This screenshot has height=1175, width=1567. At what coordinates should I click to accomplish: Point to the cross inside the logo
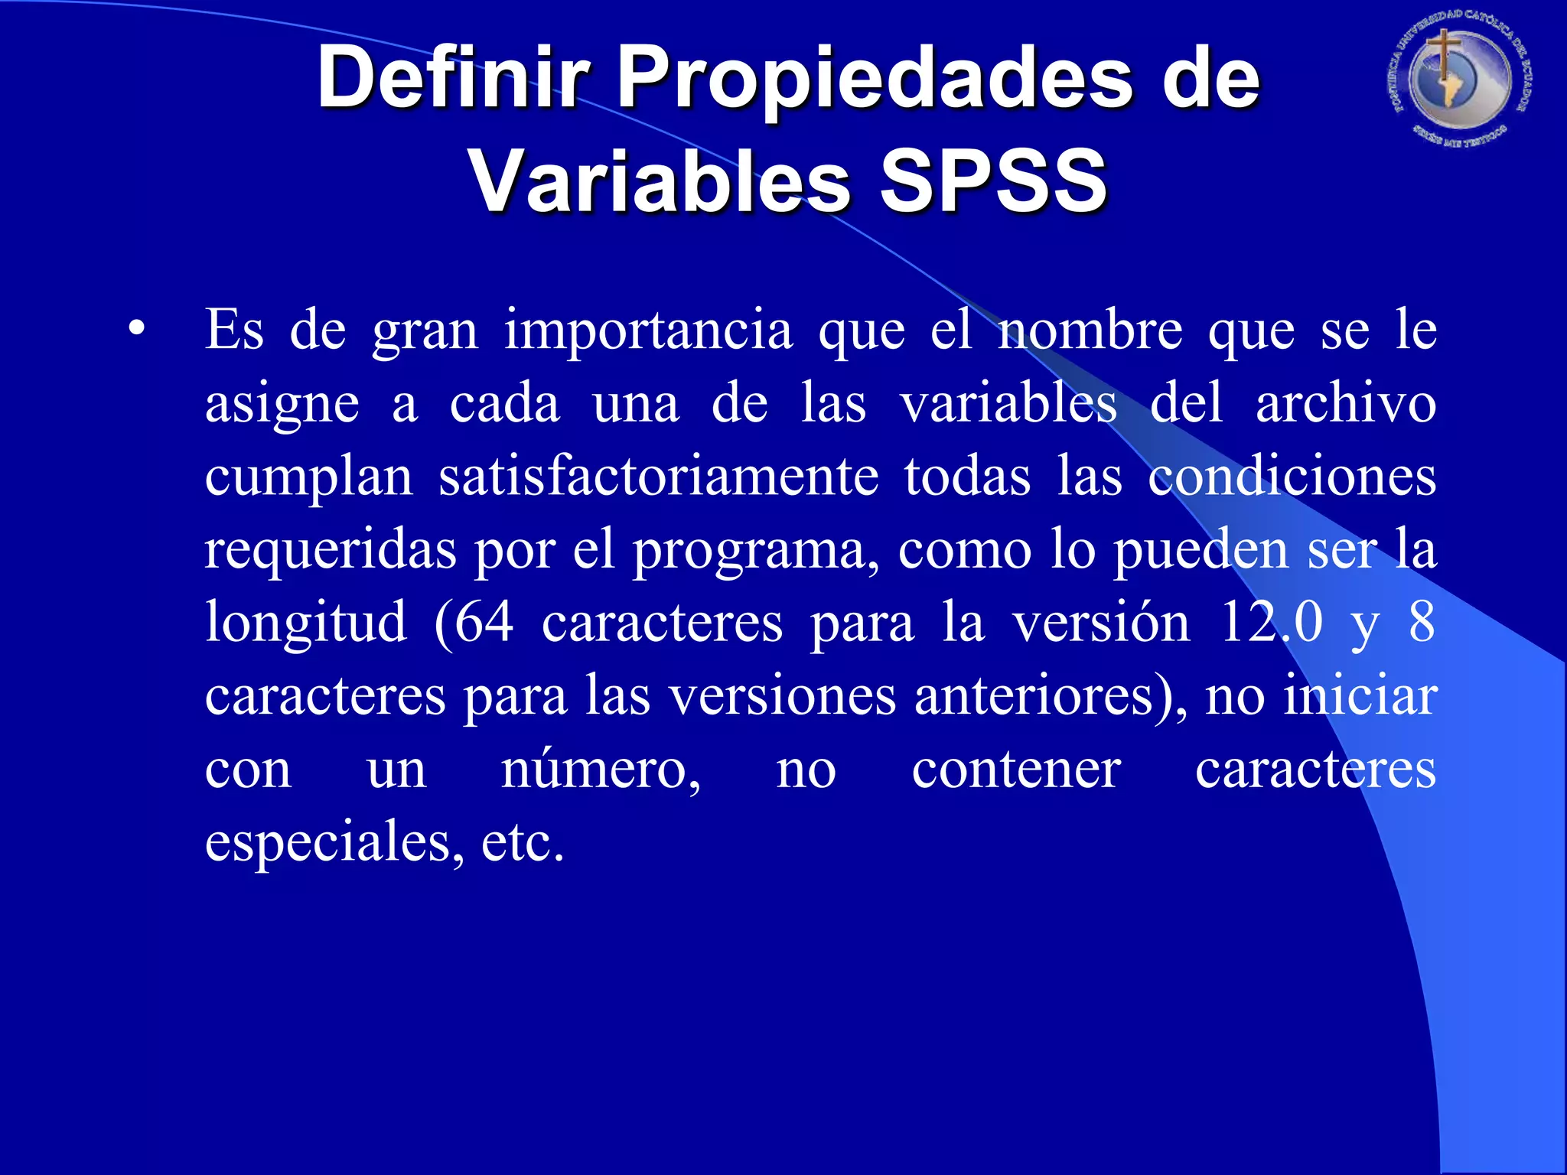point(1443,57)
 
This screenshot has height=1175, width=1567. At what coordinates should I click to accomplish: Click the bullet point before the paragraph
point(136,330)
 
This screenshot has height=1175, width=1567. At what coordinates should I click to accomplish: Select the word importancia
point(648,331)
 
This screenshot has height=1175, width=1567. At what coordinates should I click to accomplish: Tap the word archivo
point(1346,403)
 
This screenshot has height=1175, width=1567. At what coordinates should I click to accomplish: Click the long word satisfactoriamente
point(659,476)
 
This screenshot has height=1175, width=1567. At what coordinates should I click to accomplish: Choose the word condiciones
point(1292,476)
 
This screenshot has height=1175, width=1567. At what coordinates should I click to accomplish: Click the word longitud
point(306,623)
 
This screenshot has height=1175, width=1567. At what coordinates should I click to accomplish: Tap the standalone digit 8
point(1422,621)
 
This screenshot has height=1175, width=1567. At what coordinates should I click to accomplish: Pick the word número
point(601,769)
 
